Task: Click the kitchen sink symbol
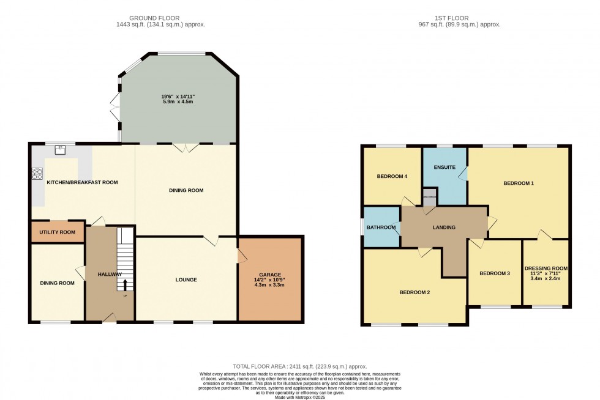coord(61,148)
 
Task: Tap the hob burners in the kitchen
coord(37,174)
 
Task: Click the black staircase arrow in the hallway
coord(126,285)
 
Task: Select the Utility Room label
coord(58,232)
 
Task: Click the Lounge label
coord(186,280)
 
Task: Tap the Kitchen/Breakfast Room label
coord(83,182)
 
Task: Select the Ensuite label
coord(444,167)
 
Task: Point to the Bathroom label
coord(381,228)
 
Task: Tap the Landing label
coord(444,228)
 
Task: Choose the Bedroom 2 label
coord(414,292)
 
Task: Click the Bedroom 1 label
coord(519,183)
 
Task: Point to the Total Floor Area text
coord(299,366)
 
